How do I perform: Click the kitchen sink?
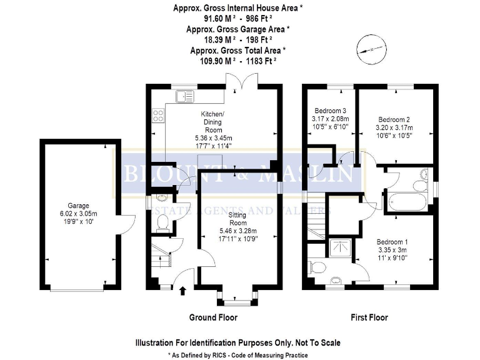pyautogui.click(x=185, y=96)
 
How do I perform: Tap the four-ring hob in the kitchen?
pyautogui.click(x=158, y=116)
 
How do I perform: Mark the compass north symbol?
pyautogui.click(x=369, y=48)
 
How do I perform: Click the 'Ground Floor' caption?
pyautogui.click(x=213, y=317)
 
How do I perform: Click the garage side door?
pyautogui.click(x=128, y=224)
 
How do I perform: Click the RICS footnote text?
pyautogui.click(x=237, y=355)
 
